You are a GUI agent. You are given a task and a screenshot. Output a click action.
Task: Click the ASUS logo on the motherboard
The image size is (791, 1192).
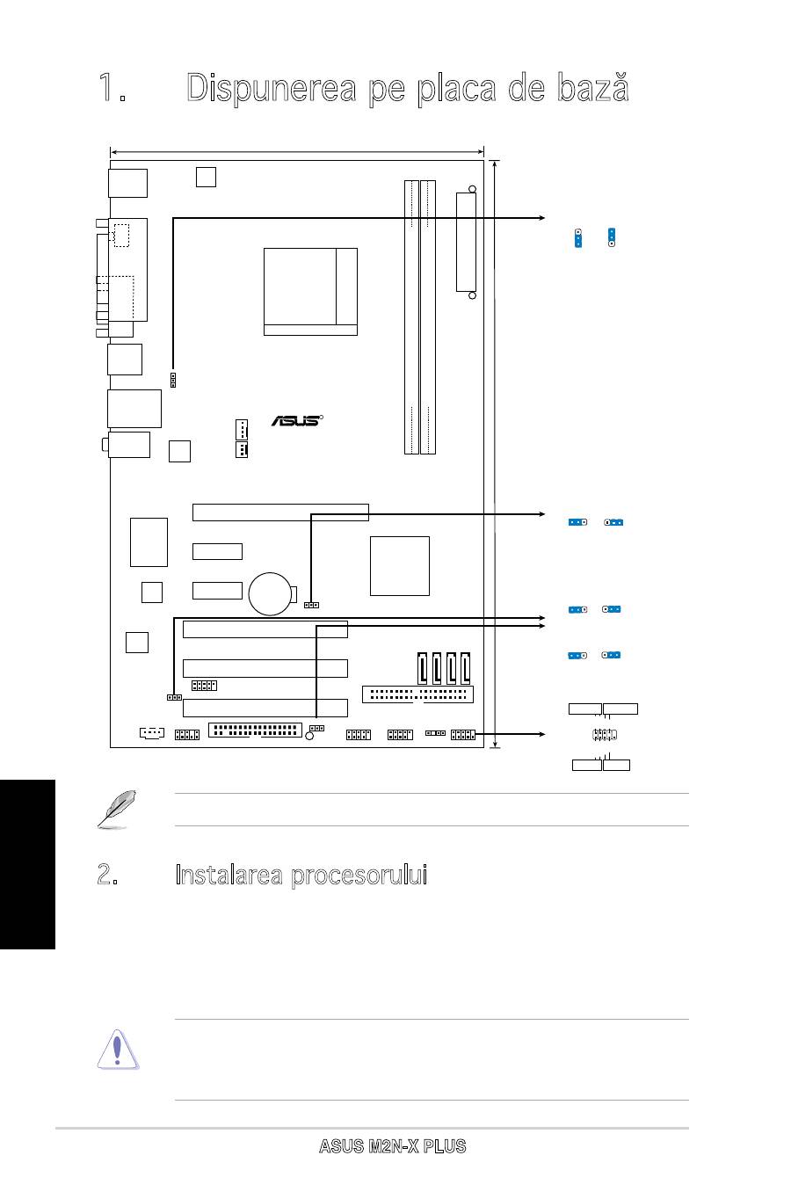[x=295, y=420]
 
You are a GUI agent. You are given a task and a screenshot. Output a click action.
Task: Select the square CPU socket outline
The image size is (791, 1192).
[x=310, y=291]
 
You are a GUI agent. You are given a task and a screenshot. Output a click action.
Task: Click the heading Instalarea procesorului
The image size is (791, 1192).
[x=301, y=875]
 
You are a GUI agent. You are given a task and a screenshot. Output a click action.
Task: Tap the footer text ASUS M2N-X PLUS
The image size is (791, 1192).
[x=392, y=1146]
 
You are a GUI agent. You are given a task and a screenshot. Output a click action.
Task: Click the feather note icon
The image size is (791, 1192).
[x=112, y=810]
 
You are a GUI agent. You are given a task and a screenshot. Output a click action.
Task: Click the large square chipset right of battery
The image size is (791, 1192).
[x=400, y=565]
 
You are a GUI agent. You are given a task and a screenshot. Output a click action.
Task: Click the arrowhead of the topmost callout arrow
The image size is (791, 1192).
[x=541, y=218]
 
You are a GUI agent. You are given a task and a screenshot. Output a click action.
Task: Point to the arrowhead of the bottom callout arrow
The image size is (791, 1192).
[x=541, y=732]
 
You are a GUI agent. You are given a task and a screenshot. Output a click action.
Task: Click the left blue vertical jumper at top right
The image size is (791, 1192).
[x=578, y=237]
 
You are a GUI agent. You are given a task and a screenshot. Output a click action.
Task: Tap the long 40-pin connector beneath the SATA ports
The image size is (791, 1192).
[x=417, y=694]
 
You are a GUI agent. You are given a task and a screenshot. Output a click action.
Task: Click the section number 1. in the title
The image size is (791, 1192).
[x=111, y=89]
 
